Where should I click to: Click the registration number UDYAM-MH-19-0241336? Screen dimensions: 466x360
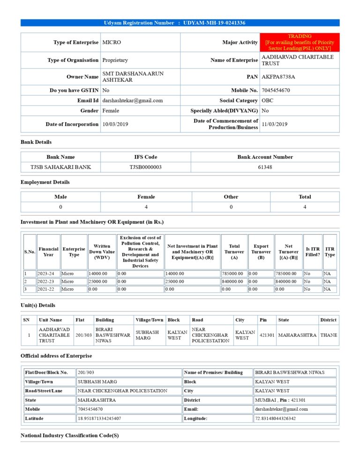click(x=214, y=23)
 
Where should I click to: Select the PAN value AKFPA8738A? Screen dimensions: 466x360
click(x=278, y=76)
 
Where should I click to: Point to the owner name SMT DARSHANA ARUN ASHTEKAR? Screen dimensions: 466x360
click(x=133, y=77)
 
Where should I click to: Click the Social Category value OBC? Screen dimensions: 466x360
click(x=268, y=100)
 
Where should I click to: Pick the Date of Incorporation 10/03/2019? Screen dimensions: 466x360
click(x=115, y=124)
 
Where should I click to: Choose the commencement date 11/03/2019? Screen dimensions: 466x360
click(x=275, y=124)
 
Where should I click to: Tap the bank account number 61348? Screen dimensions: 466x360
click(x=265, y=167)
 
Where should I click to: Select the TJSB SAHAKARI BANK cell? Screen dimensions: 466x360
click(x=60, y=167)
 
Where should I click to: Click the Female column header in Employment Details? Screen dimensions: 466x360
click(x=146, y=197)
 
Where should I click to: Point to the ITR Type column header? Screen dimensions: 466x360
click(x=330, y=252)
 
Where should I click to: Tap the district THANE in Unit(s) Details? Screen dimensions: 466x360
click(x=329, y=335)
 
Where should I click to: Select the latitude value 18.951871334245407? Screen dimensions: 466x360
click(x=99, y=418)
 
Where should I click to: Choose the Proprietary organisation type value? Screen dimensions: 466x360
click(x=115, y=60)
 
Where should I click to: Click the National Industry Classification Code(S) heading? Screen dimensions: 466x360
click(x=70, y=436)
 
